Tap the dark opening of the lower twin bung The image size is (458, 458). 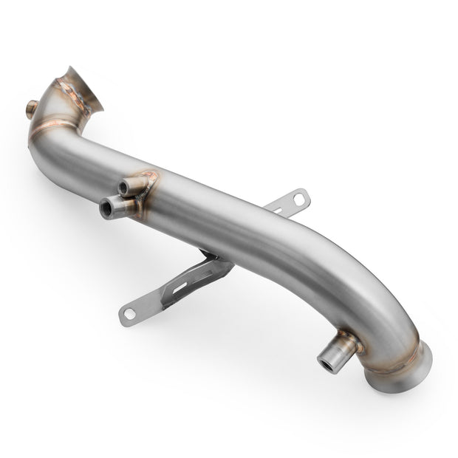[107, 210]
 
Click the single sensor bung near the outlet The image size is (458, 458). [336, 353]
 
